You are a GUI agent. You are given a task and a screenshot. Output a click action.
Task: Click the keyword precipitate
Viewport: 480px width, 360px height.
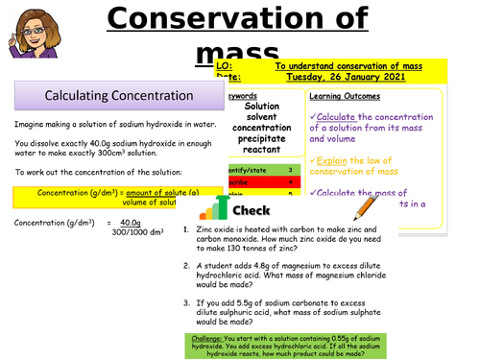click(x=255, y=140)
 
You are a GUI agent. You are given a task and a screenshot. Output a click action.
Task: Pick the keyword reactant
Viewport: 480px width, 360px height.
click(x=255, y=152)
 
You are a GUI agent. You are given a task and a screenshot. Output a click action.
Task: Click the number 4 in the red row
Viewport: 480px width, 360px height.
click(x=289, y=181)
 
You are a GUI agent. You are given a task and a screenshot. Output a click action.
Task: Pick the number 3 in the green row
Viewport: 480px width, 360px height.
click(x=289, y=170)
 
